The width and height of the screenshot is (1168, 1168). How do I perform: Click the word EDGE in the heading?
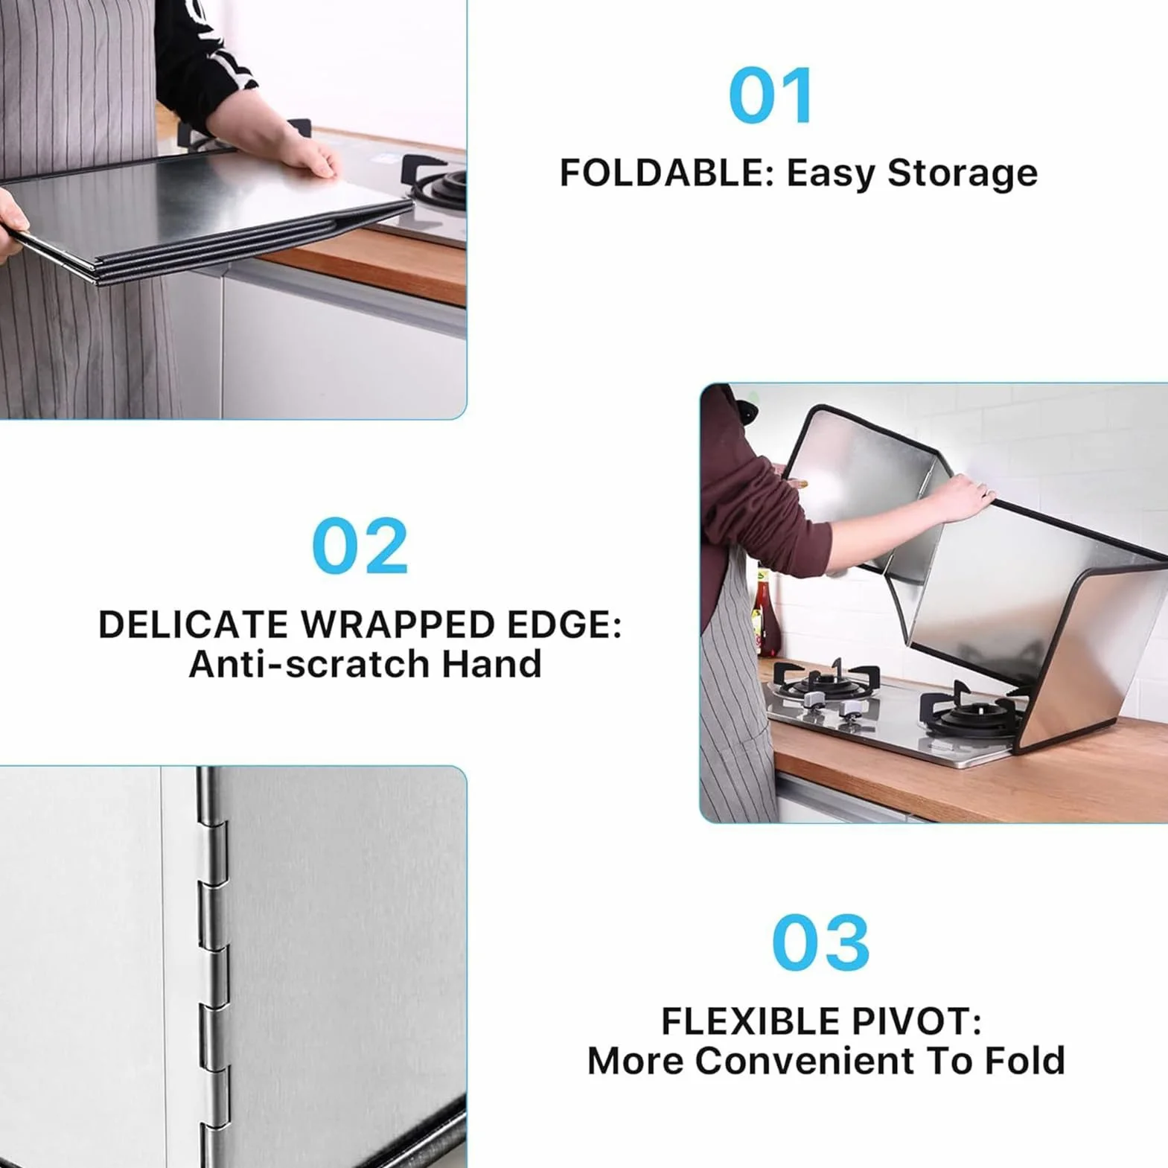564,624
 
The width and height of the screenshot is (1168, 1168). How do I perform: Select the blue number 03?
820,942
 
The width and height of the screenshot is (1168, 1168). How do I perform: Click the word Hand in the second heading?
491,663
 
